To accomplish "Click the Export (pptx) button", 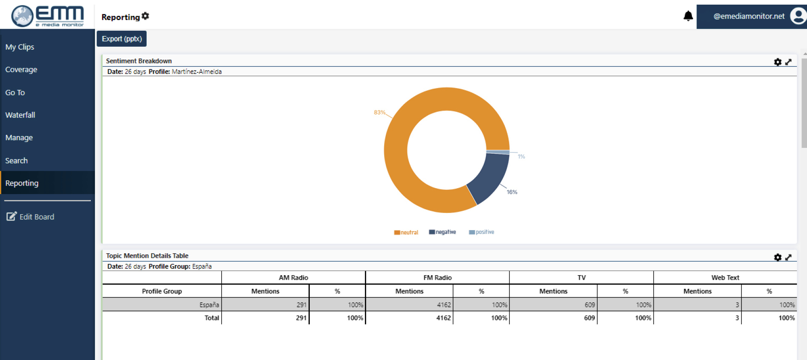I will (x=121, y=39).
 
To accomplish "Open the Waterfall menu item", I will (x=20, y=115).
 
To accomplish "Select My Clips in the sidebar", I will (x=20, y=47).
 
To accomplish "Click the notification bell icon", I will (x=688, y=16).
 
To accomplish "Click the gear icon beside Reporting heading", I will (x=145, y=16).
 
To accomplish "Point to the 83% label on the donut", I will (x=379, y=113).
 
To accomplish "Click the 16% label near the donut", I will (x=512, y=192).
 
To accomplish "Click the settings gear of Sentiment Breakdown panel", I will (x=778, y=62).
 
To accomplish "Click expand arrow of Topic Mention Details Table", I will (x=789, y=257).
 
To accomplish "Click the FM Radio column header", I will (x=437, y=278).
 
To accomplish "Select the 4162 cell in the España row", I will (x=443, y=305).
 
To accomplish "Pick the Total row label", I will (x=211, y=318).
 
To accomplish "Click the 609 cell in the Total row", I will (x=589, y=318).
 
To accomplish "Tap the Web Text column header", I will (x=725, y=278).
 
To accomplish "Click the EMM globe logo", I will (x=22, y=16).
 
